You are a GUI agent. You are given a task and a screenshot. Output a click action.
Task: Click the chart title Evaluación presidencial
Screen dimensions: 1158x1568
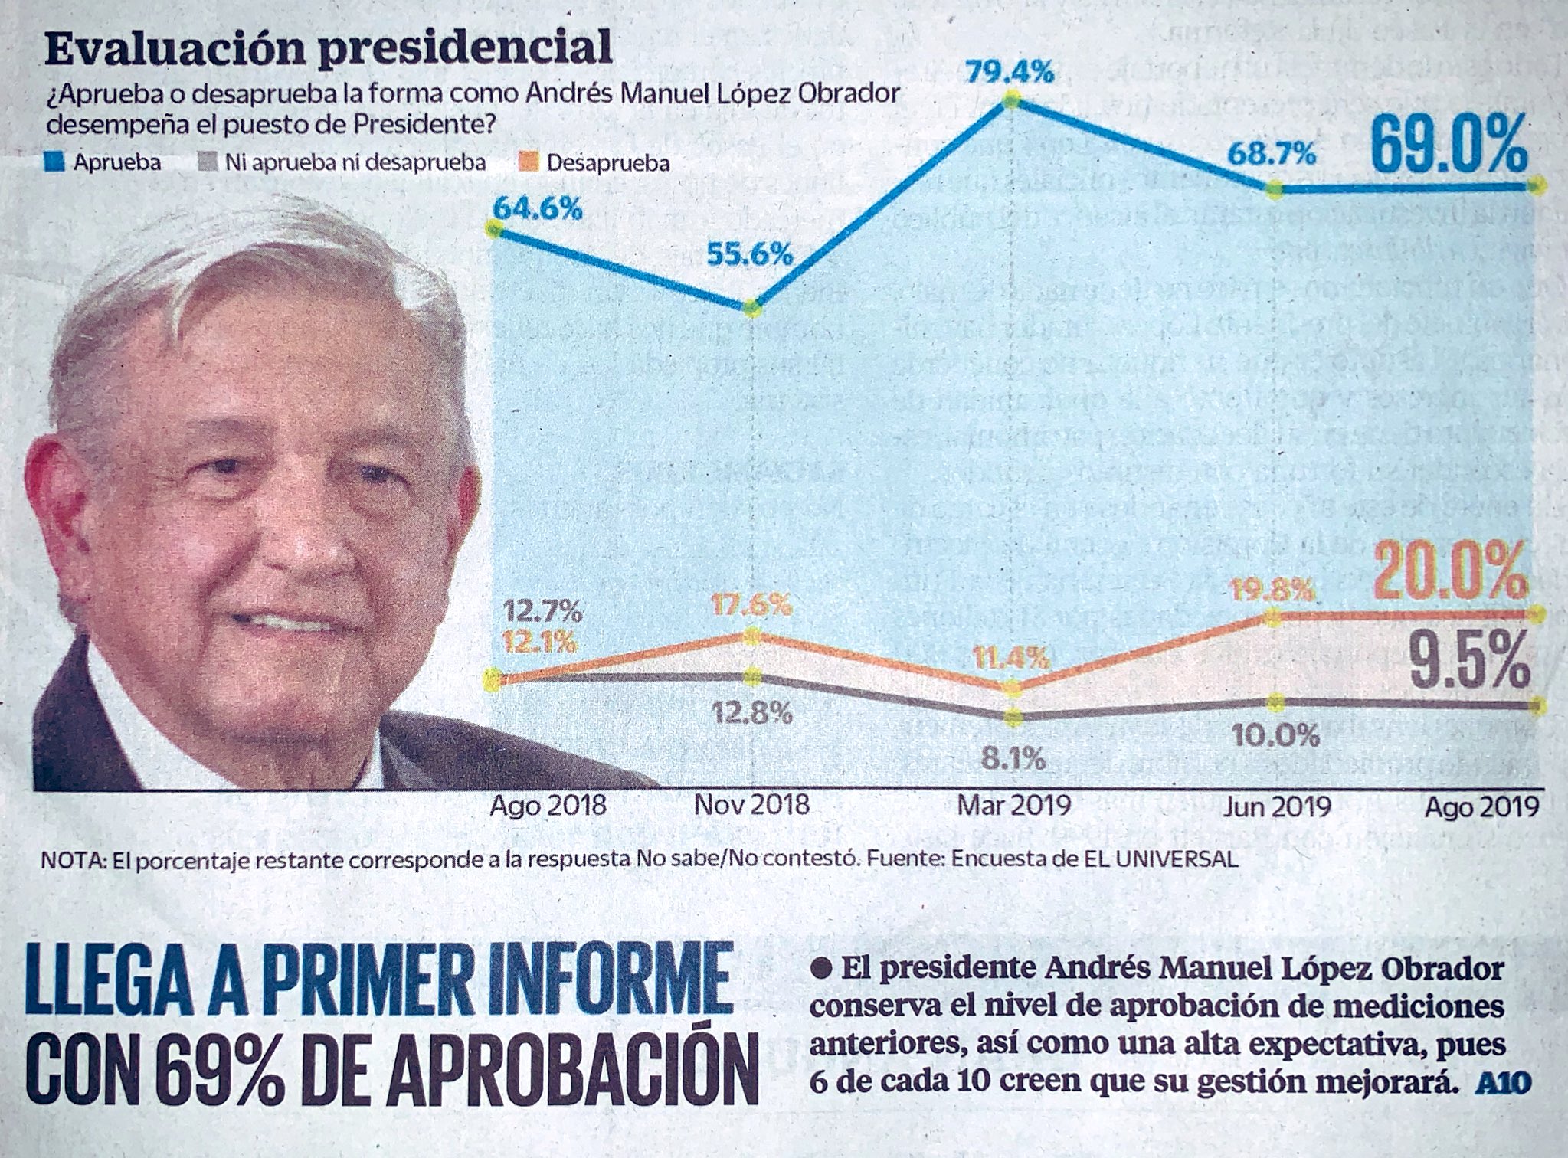329,47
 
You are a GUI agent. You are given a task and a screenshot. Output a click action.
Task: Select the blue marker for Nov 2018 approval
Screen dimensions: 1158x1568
753,308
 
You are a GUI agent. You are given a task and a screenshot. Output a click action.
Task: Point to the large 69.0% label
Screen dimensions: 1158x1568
1448,146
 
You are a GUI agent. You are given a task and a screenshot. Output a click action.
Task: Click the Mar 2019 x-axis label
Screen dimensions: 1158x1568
1013,805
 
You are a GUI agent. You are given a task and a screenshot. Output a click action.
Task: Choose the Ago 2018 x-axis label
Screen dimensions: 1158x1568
548,805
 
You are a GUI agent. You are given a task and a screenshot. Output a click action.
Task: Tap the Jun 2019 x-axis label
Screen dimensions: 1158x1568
1276,806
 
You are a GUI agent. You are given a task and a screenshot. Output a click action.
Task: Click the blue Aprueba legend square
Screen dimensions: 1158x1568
54,162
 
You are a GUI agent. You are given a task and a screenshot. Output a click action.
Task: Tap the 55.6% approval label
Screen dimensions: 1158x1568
749,254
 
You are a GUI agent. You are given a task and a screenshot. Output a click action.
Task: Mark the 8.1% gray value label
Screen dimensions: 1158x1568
1013,759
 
